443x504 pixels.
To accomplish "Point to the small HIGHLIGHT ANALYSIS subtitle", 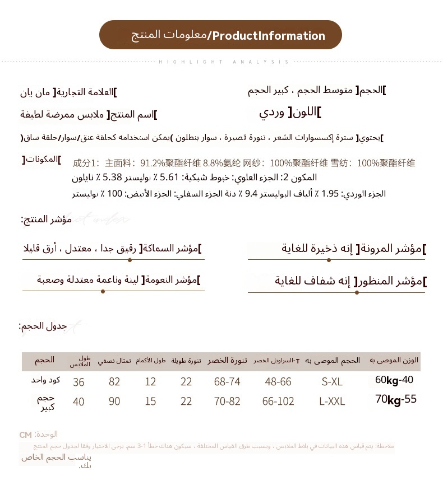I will pyautogui.click(x=224, y=62).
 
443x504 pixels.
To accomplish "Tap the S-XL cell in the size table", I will pyautogui.click(x=332, y=382).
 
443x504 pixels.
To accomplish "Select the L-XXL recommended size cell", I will pyautogui.click(x=332, y=402).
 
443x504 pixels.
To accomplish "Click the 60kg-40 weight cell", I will pyautogui.click(x=394, y=380).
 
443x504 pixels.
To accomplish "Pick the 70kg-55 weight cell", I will pyautogui.click(x=396, y=400).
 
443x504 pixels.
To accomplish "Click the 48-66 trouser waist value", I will pyautogui.click(x=278, y=382).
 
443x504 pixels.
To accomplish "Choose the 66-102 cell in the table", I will pyautogui.click(x=278, y=402).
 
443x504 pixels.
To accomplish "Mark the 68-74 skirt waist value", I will pyautogui.click(x=227, y=382).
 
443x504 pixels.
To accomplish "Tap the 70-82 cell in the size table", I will pyautogui.click(x=227, y=402).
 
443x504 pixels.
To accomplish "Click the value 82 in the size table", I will pyautogui.click(x=115, y=382).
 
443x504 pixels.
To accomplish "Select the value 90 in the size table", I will pyautogui.click(x=115, y=402).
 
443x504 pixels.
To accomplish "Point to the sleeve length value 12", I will pyautogui.click(x=150, y=382).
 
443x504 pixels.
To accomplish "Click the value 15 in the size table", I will pyautogui.click(x=150, y=402).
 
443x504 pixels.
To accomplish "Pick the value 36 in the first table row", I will pyautogui.click(x=79, y=382).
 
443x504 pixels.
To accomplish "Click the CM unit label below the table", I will pyautogui.click(x=25, y=435).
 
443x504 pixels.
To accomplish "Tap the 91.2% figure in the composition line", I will pyautogui.click(x=153, y=164).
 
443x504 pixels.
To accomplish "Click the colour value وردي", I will pyautogui.click(x=273, y=112).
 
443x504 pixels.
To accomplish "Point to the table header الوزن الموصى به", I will pyautogui.click(x=394, y=360).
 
